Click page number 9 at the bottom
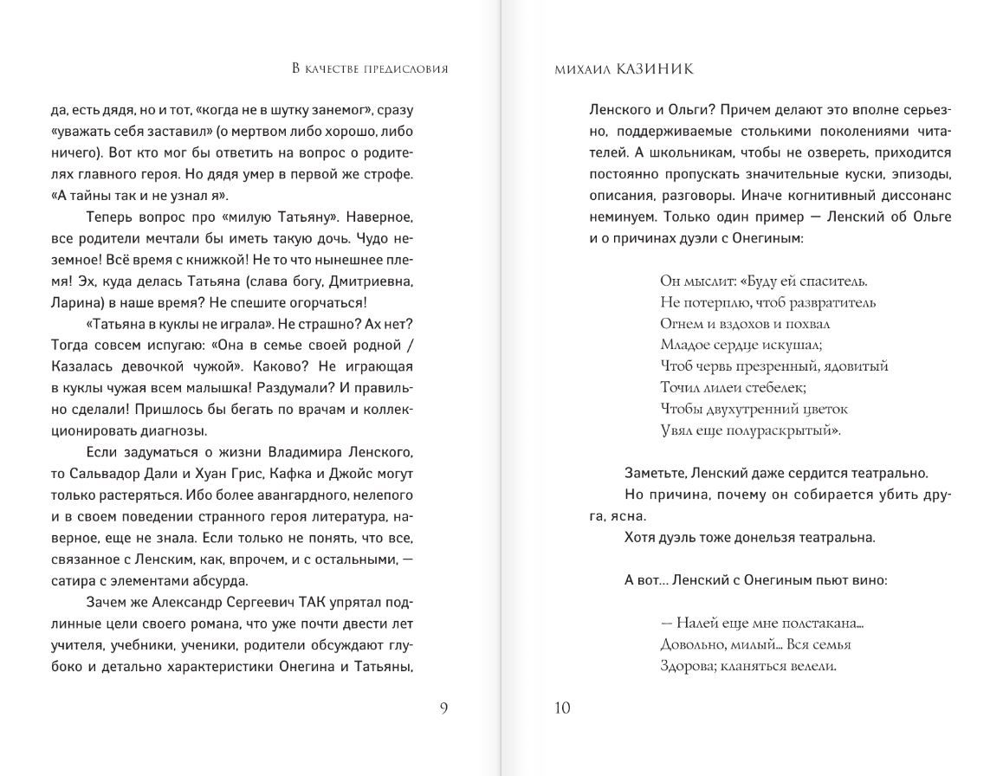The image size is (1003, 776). point(444,708)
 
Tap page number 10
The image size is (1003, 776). point(562,708)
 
